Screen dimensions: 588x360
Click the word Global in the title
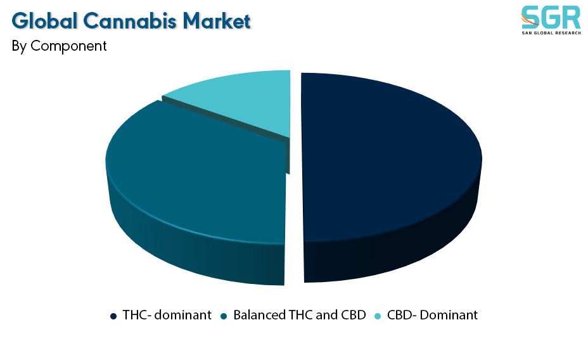pos(44,21)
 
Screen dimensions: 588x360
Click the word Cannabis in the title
pos(130,21)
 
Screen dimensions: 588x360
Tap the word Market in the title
pos(216,21)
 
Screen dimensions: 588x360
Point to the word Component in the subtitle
pos(68,46)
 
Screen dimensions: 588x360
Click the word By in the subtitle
pos(19,46)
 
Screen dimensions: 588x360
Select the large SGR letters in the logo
pos(551,17)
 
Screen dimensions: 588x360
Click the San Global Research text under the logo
pos(551,33)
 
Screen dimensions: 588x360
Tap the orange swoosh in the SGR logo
pos(528,19)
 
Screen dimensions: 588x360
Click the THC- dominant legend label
pos(167,315)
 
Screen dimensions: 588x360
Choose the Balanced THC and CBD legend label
pos(300,315)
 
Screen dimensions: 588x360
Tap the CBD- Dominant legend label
pos(432,315)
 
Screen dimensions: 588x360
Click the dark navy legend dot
pos(113,316)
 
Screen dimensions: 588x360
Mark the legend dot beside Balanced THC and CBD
pos(224,316)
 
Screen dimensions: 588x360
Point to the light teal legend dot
pos(378,316)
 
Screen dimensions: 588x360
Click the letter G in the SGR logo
pos(551,17)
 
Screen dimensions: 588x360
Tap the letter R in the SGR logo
pos(572,17)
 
